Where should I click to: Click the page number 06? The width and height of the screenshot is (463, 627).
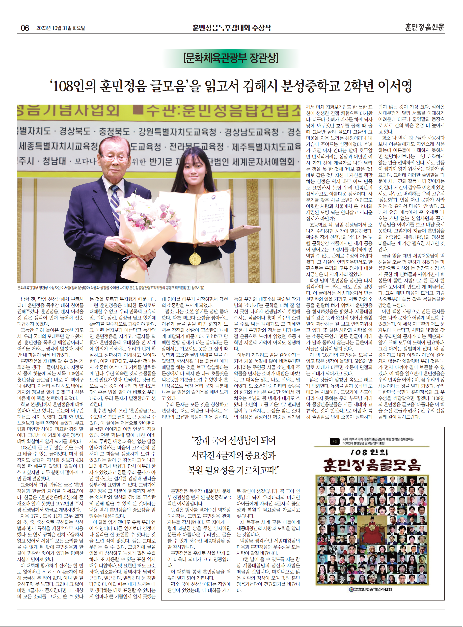[x=25, y=28]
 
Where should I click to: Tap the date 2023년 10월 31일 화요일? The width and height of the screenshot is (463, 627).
[x=60, y=28]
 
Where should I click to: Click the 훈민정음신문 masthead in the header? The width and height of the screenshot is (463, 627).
[x=424, y=27]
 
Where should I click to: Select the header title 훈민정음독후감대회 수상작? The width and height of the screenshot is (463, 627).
[x=231, y=28]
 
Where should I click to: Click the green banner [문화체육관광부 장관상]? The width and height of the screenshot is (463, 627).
[x=231, y=58]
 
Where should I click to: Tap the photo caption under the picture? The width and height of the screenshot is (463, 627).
[x=111, y=288]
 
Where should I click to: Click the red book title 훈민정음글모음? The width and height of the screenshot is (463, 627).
[x=372, y=465]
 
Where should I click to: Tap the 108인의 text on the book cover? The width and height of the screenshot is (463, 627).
[x=369, y=452]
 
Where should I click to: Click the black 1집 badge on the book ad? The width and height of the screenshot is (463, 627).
[x=334, y=441]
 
